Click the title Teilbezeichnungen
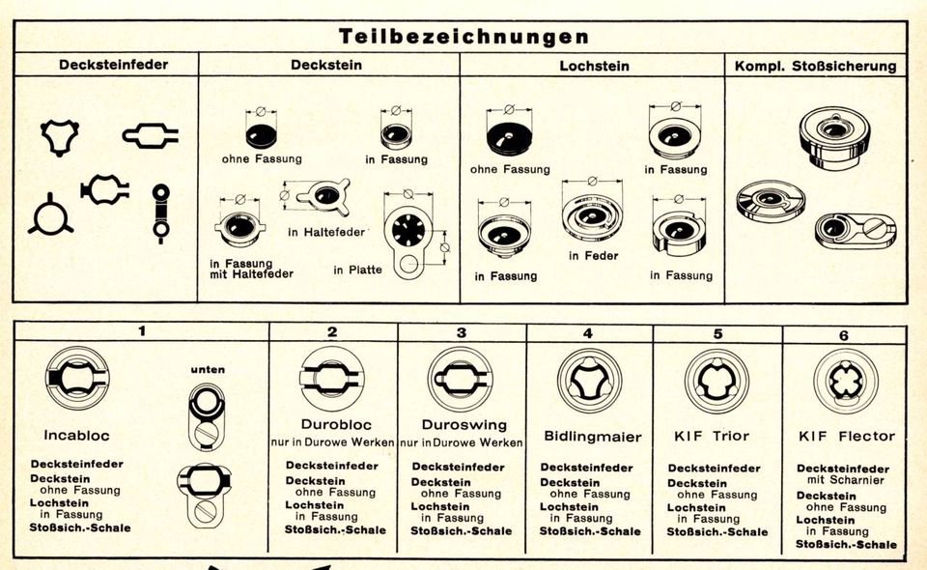[x=463, y=37]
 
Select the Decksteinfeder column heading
[x=113, y=65]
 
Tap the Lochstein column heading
[x=594, y=66]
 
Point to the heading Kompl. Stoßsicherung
[x=815, y=66]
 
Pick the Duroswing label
[x=460, y=424]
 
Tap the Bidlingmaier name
[x=592, y=437]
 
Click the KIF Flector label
[x=847, y=436]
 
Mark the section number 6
[x=843, y=334]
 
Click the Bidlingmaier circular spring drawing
[x=589, y=380]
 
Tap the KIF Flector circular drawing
[x=846, y=380]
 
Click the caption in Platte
[x=357, y=270]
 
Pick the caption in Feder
[x=593, y=256]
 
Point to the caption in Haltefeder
[x=327, y=232]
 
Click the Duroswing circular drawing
[x=461, y=379]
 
